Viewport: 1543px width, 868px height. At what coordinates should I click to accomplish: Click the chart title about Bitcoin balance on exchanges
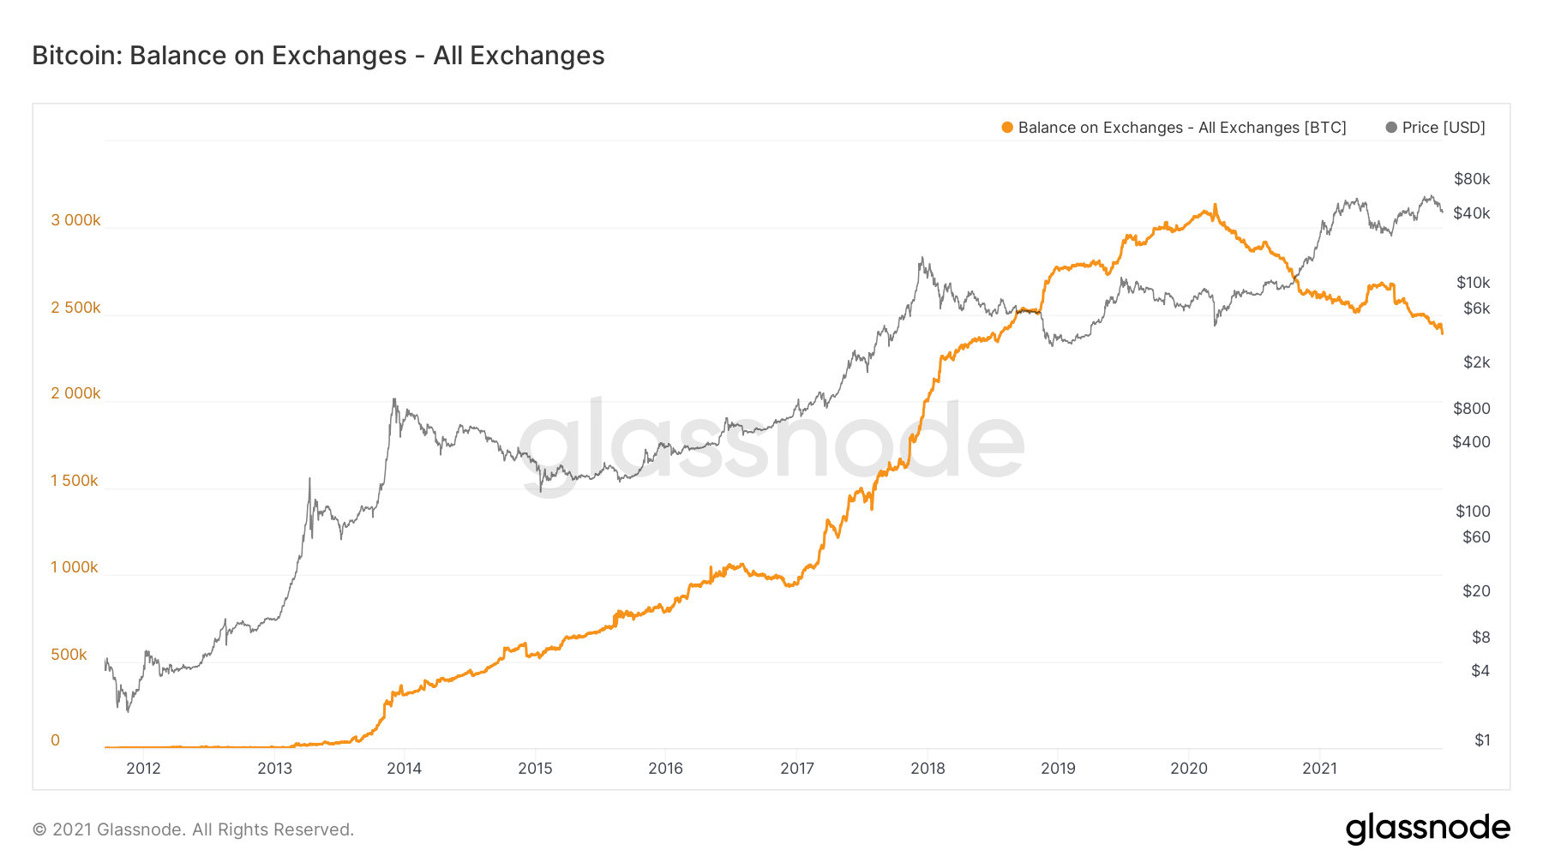(318, 56)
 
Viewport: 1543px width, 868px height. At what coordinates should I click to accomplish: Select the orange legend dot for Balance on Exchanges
(1007, 128)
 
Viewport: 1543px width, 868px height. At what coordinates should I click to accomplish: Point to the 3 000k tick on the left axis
(75, 220)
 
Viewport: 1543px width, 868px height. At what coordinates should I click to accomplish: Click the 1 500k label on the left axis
(75, 481)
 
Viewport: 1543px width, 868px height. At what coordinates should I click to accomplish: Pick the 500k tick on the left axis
(69, 655)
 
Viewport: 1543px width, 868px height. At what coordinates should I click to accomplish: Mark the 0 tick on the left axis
(56, 740)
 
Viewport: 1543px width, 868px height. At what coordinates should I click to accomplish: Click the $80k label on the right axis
(1472, 179)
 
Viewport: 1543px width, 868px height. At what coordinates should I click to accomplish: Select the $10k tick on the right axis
(1473, 283)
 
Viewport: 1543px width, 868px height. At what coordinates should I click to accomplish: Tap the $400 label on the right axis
(1471, 442)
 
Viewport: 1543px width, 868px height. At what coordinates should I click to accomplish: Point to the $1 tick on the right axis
(1482, 740)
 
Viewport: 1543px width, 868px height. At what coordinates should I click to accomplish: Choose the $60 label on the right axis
(1476, 537)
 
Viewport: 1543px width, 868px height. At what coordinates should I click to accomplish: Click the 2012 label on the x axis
(143, 769)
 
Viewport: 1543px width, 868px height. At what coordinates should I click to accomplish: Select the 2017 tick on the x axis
(797, 769)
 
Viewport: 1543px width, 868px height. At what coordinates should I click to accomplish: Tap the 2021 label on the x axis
(1319, 769)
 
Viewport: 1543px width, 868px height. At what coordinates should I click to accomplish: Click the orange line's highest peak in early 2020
(1215, 206)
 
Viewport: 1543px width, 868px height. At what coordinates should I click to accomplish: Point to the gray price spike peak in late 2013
(393, 399)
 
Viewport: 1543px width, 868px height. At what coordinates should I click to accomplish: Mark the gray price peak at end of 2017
(922, 257)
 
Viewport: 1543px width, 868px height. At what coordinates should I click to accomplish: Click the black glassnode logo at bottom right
(1427, 829)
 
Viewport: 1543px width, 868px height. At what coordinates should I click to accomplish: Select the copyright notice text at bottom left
(193, 829)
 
